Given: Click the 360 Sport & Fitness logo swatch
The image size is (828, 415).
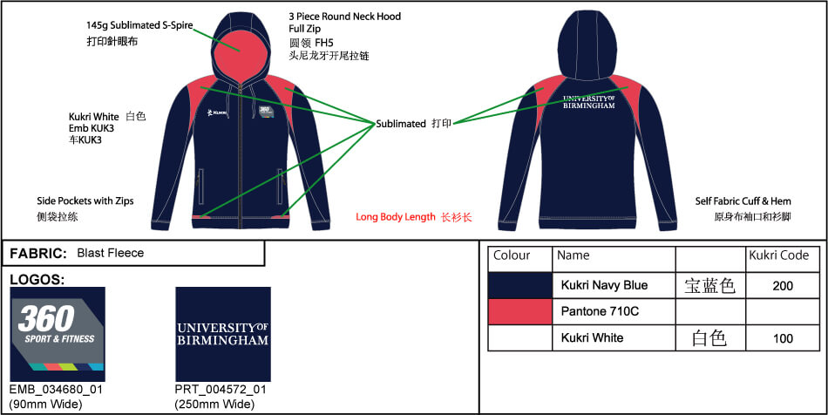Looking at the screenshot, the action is tap(58, 334).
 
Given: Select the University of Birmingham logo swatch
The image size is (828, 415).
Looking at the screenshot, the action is tap(223, 334).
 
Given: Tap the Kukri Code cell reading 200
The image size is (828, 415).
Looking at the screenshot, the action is tap(783, 286).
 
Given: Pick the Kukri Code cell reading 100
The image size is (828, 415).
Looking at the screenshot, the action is tap(783, 338).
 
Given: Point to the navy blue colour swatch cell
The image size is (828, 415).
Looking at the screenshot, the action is tap(520, 286).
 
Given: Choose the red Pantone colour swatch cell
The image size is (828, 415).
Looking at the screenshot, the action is tap(520, 311).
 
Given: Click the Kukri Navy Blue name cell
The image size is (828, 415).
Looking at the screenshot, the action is tap(604, 286).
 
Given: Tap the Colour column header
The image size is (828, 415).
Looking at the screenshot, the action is tap(512, 255).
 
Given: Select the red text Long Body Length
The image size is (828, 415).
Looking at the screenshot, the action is tap(396, 217).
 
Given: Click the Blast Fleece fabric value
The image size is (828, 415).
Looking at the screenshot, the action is tap(111, 253).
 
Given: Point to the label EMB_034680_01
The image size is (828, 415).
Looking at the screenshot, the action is tap(56, 390).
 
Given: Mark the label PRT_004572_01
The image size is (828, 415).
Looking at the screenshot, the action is tap(221, 390).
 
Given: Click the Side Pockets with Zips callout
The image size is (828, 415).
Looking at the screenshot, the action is tap(85, 201).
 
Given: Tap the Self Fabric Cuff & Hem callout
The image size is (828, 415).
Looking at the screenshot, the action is tap(743, 201).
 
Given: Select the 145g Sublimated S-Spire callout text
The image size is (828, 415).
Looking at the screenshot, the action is tap(140, 25).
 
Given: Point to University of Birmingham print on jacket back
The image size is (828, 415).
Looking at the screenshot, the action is tap(589, 102).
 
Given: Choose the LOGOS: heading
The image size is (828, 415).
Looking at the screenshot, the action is tap(37, 280).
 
